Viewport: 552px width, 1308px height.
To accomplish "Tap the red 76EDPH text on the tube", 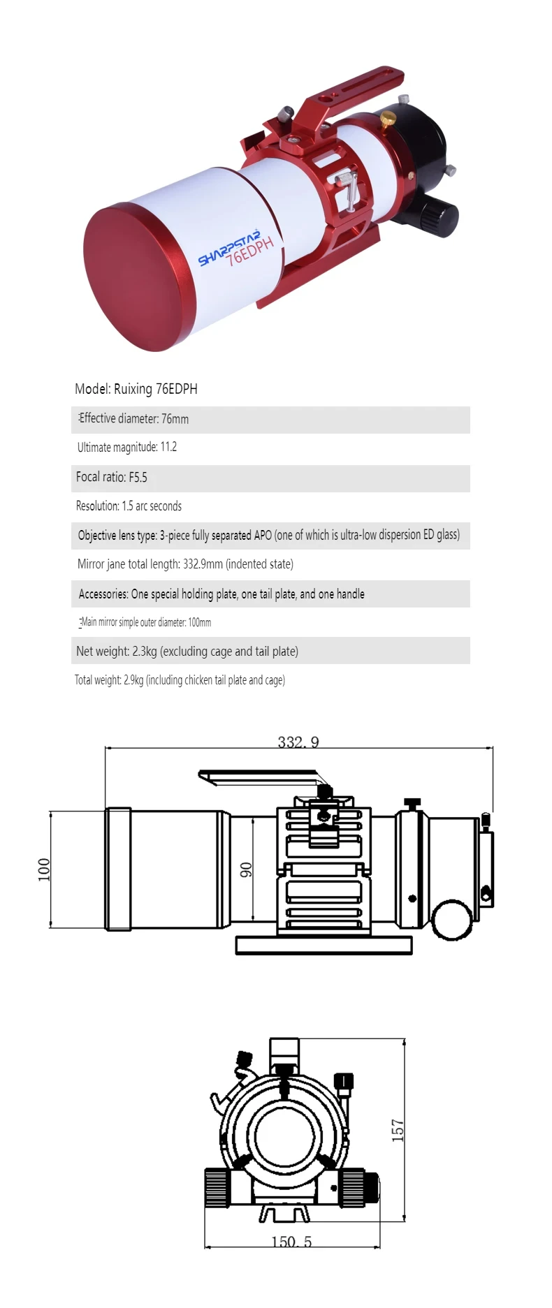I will click(249, 252).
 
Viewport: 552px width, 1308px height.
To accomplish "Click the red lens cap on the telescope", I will click(138, 277).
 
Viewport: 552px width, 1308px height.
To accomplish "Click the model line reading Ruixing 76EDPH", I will click(136, 389).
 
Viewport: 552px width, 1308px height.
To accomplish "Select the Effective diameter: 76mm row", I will click(133, 419).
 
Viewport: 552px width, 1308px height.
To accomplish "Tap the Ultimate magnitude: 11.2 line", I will click(127, 447).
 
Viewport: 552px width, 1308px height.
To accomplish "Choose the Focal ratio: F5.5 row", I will click(112, 478).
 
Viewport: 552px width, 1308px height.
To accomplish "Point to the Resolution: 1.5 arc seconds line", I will click(129, 506).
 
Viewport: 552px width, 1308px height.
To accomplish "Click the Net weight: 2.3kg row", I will click(187, 652).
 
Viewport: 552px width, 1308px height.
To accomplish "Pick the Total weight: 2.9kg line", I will click(180, 680).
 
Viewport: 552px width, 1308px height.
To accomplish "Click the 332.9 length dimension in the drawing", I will click(298, 742).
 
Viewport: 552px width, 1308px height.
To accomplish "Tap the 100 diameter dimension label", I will click(44, 869).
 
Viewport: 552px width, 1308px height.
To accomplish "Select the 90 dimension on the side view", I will click(246, 869).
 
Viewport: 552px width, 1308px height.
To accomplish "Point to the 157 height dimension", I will click(398, 1130).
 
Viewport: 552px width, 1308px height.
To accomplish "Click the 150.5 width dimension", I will click(291, 1242).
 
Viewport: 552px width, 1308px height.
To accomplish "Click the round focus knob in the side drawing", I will click(451, 920).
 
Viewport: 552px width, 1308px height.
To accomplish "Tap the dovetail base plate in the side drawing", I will click(324, 946).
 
